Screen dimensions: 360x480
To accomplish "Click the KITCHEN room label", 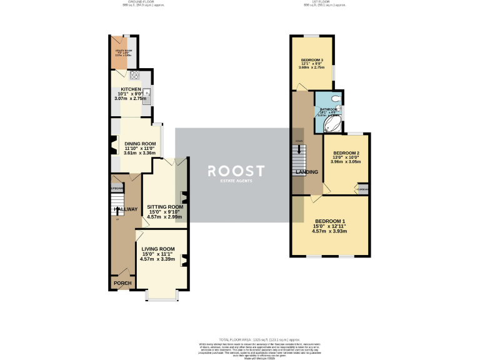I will [131, 89].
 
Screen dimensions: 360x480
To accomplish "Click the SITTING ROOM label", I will [165, 207].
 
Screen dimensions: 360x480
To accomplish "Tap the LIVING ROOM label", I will [157, 249].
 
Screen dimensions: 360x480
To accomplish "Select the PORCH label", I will [122, 284].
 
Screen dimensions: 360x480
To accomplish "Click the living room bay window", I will [162, 296].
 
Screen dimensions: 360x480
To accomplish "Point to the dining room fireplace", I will [112, 146].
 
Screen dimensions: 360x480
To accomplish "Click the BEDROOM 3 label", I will [312, 59].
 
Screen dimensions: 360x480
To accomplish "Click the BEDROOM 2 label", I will [346, 153].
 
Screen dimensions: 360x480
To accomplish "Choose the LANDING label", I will [307, 172].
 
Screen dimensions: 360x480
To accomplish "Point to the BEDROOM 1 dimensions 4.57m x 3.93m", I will [329, 231].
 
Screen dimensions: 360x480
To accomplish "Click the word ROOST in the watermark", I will [236, 171].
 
